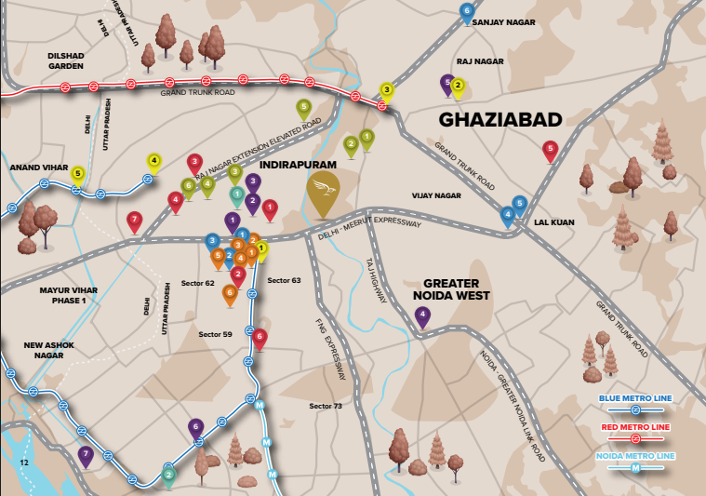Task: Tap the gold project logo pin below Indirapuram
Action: point(324,192)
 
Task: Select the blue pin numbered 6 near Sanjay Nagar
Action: point(467,12)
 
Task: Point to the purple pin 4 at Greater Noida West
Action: point(423,316)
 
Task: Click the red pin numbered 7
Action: point(135,221)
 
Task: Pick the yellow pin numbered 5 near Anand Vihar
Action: point(78,174)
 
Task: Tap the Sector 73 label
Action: point(326,406)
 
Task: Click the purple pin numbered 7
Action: point(86,456)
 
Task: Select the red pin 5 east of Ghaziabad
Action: point(550,149)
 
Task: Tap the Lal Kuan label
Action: point(553,222)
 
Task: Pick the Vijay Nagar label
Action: point(436,195)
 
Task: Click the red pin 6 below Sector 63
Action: point(260,337)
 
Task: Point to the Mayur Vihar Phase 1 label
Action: point(62,295)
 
